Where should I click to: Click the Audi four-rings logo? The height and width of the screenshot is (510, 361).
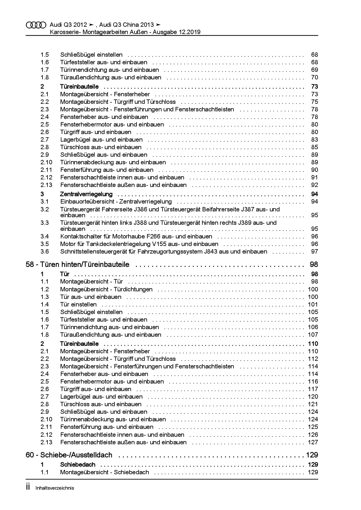tap(36, 25)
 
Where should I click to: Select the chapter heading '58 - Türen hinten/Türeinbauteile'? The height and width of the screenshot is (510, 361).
tap(77, 265)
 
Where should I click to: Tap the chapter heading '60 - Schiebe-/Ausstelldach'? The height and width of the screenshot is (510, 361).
tap(69, 455)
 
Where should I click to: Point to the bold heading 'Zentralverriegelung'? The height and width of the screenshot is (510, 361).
tap(86, 194)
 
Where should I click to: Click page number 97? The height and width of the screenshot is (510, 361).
tap(314, 252)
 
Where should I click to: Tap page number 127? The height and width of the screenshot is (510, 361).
tap(313, 442)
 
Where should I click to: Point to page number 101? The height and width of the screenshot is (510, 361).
tap(313, 304)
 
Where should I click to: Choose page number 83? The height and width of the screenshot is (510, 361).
tap(314, 140)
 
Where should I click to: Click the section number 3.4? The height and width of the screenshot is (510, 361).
tap(45, 236)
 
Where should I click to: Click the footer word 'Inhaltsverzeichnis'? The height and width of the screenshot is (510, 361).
tap(55, 488)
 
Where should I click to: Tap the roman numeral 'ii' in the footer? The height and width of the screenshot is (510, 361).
tap(28, 487)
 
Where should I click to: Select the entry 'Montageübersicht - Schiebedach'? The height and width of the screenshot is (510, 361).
tap(105, 472)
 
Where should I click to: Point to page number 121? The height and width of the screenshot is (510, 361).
tap(313, 404)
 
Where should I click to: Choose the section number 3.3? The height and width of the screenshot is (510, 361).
tap(45, 223)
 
